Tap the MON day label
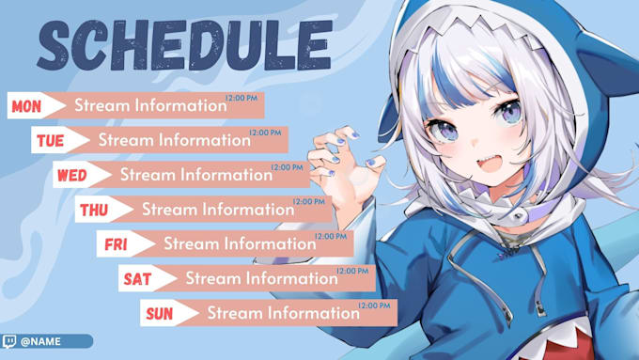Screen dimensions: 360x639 (25, 106)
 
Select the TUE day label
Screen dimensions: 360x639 (49, 141)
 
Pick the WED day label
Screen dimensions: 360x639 (71, 175)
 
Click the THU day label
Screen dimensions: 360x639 (93, 210)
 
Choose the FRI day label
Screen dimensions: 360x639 (116, 244)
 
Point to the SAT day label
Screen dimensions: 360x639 (137, 278)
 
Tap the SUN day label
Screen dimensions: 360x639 (160, 313)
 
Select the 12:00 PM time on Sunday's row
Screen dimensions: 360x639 (374, 305)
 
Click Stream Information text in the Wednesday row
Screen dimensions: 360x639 (195, 175)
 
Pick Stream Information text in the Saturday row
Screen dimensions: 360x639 (261, 278)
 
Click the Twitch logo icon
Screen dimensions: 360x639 (9, 341)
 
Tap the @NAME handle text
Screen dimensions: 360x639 (40, 341)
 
